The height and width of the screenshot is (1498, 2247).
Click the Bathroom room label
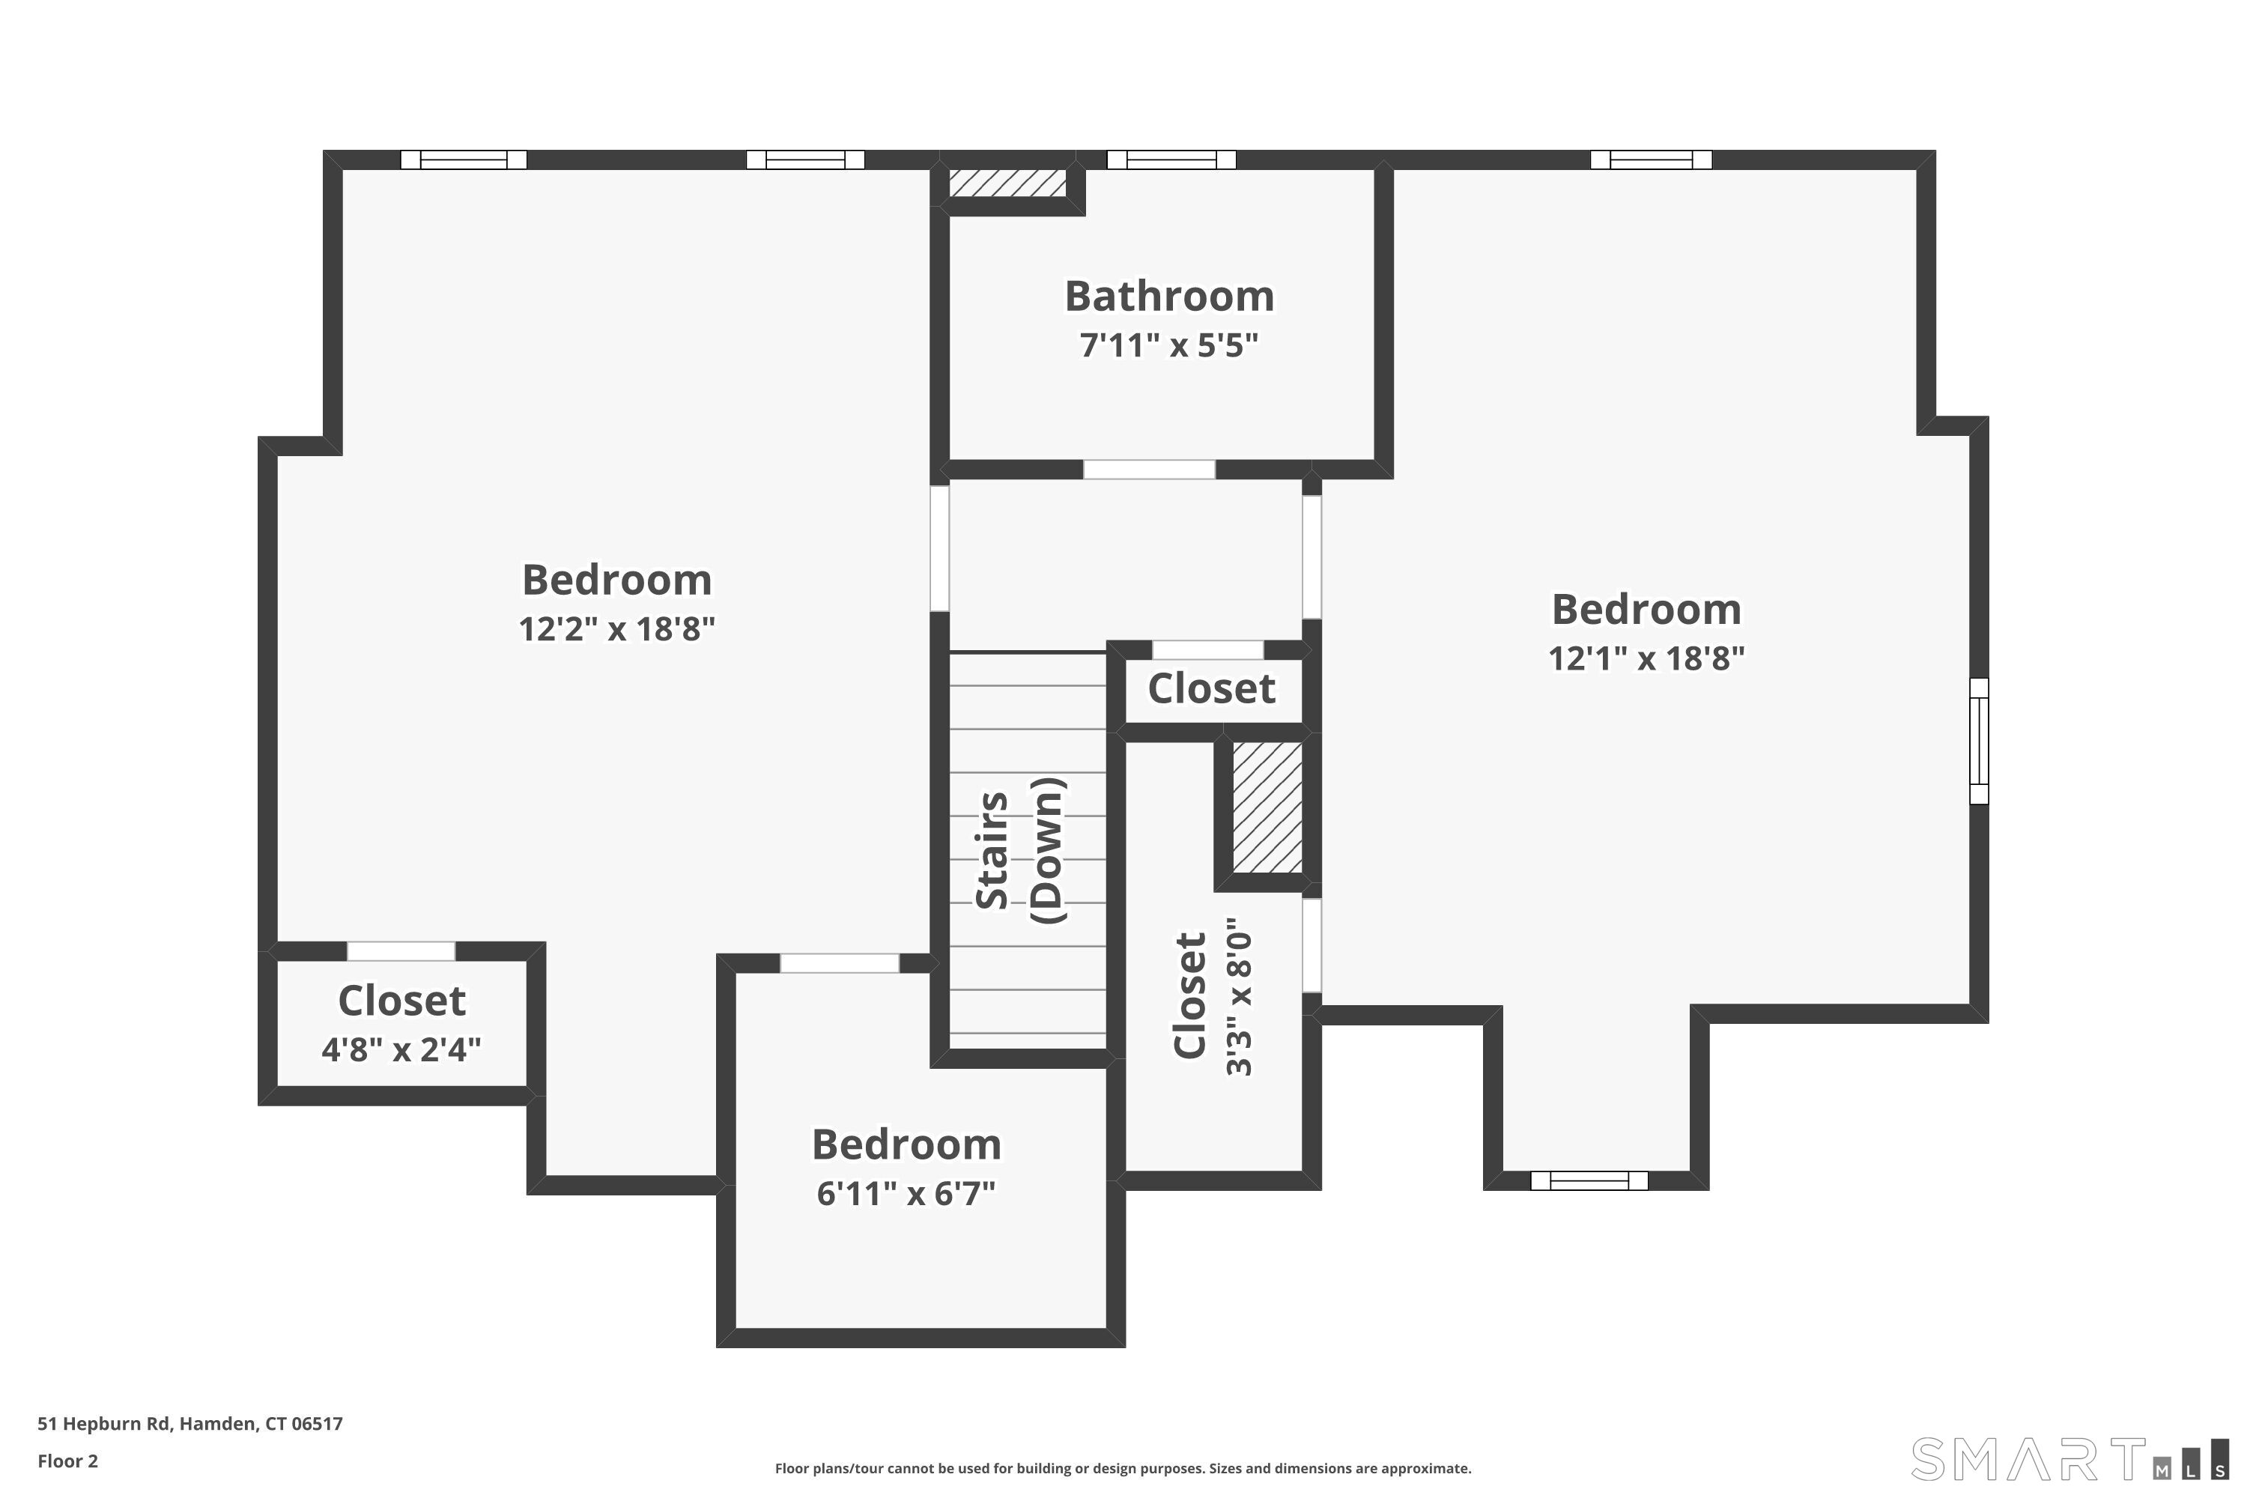click(1169, 296)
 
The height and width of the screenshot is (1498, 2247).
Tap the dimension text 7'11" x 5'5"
click(1169, 345)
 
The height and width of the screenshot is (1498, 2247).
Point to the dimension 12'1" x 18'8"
click(1646, 659)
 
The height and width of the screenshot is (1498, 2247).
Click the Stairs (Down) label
click(1019, 850)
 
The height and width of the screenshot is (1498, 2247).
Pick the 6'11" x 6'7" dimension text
click(906, 1194)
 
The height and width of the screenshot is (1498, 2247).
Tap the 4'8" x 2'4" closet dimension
click(401, 1051)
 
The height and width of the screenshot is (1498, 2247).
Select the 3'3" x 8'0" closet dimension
click(1239, 998)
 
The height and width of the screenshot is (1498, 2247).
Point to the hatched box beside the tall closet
click(1267, 807)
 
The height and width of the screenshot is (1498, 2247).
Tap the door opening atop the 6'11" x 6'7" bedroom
click(839, 963)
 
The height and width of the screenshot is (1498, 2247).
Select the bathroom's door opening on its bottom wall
click(1148, 469)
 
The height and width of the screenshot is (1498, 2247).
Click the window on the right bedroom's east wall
click(1979, 741)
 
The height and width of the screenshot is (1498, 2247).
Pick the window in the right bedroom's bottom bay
click(1589, 1181)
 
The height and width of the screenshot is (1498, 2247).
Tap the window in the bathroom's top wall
click(1171, 160)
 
